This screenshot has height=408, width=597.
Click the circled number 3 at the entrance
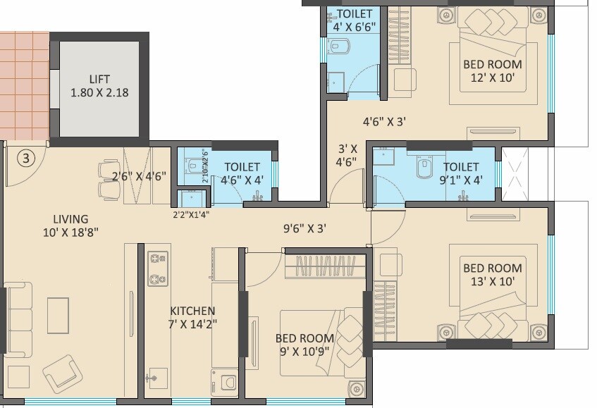[x=25, y=158]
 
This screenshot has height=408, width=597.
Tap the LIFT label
[x=99, y=79]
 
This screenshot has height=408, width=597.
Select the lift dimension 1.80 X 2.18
[x=99, y=92]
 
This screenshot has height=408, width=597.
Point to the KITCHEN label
[x=192, y=311]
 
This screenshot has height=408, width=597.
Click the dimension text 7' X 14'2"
[x=192, y=324]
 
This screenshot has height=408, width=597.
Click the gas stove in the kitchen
[x=156, y=270]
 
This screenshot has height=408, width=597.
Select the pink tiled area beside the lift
[x=23, y=84]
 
